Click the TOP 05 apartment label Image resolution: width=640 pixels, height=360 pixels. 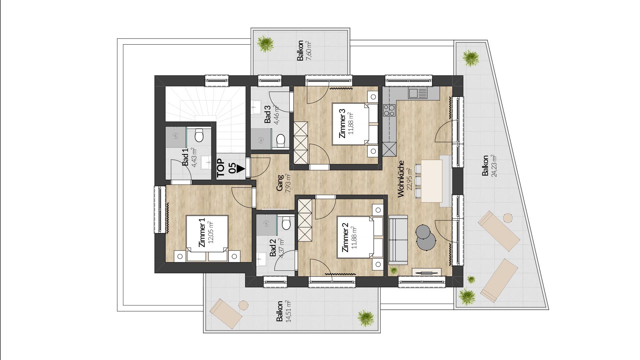click(226, 166)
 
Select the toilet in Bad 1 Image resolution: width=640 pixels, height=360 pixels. click(199, 135)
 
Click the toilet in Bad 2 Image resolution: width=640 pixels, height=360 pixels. click(286, 224)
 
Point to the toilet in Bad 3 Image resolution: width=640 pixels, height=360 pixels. click(281, 141)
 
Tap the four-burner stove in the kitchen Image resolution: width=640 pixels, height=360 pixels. click(389, 110)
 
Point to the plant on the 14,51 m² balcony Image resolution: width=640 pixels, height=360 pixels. click(366, 318)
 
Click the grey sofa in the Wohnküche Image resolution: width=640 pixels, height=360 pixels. click(398, 239)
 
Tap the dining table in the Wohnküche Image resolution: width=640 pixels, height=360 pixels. click(432, 181)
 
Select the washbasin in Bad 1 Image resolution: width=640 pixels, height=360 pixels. click(206, 163)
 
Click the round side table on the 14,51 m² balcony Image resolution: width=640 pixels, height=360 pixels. click(244, 305)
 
